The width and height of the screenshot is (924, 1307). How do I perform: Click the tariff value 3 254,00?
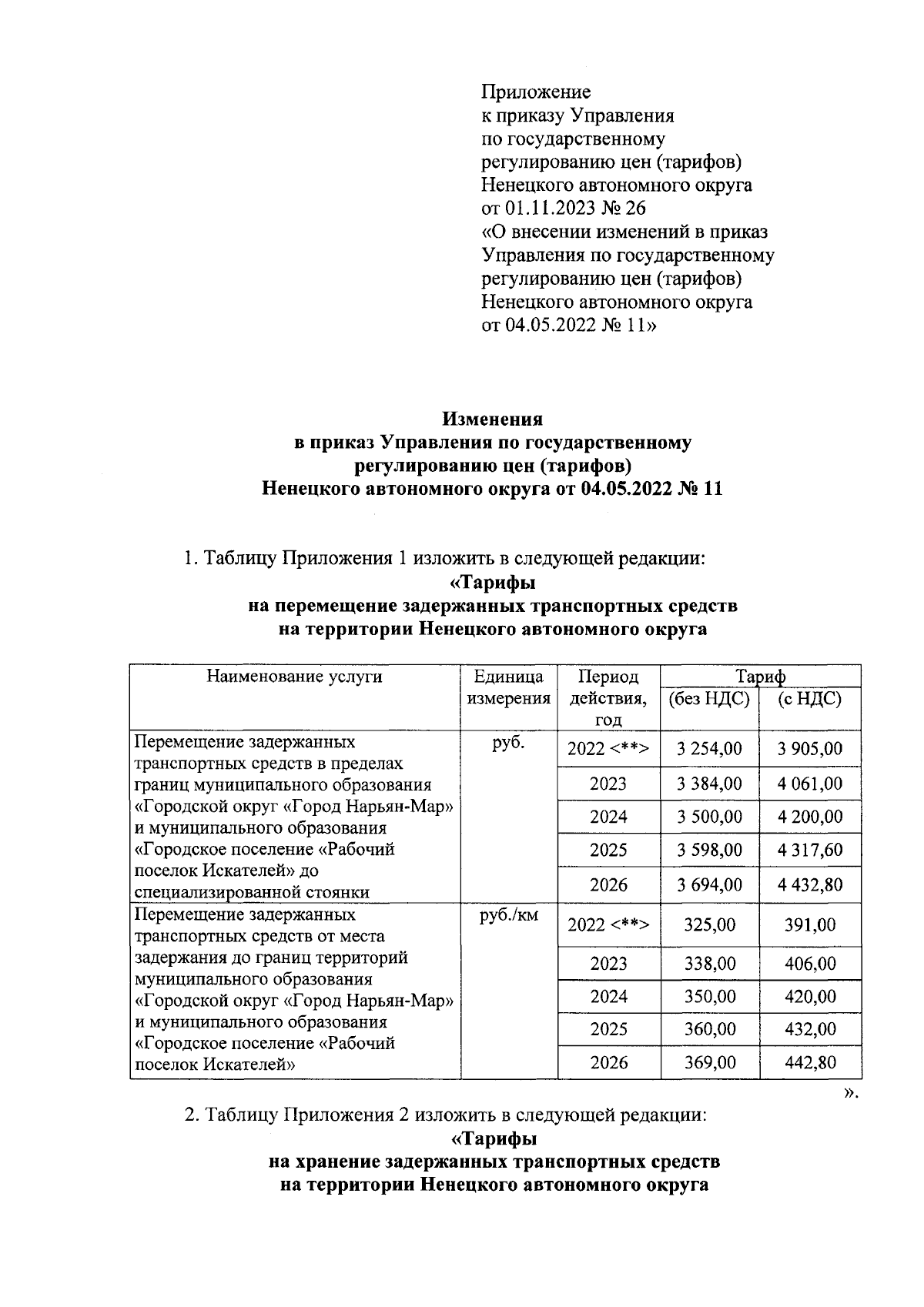(709, 749)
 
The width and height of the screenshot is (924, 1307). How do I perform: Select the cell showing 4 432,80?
(810, 884)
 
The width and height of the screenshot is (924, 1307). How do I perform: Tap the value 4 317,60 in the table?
(810, 851)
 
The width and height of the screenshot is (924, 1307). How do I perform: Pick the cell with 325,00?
(709, 924)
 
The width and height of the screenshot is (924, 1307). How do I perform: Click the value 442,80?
(810, 1063)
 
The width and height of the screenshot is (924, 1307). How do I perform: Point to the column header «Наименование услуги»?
(295, 677)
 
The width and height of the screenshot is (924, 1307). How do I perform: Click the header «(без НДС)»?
(709, 699)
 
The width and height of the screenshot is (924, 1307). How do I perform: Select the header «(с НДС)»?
(810, 699)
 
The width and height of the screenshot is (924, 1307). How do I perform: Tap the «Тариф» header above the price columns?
(760, 677)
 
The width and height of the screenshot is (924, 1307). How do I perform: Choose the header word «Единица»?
(509, 677)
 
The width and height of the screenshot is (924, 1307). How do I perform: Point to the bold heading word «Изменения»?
(492, 420)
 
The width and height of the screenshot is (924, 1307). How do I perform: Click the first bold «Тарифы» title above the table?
(492, 583)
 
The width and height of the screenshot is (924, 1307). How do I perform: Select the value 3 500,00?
(709, 817)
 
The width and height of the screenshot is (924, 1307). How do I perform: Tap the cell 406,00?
(810, 964)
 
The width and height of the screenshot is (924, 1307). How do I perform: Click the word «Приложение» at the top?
(536, 92)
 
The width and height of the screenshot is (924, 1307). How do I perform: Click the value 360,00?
(709, 1029)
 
